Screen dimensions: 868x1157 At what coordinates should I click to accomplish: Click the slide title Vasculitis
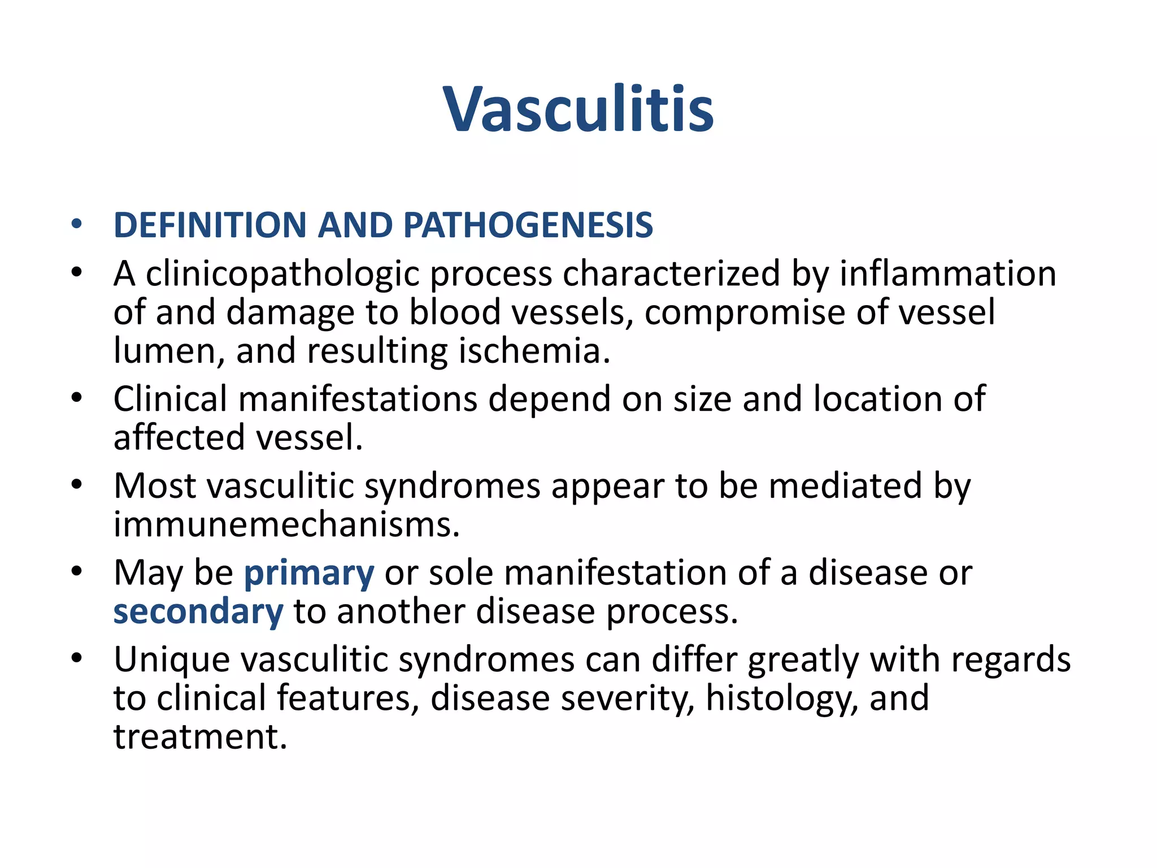click(x=578, y=109)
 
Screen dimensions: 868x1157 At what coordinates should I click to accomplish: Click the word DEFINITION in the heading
click(x=210, y=225)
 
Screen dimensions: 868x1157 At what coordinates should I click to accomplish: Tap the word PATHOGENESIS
click(x=528, y=225)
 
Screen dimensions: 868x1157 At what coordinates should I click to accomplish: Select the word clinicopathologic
click(x=282, y=275)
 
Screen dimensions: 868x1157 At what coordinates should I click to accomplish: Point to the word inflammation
click(x=947, y=274)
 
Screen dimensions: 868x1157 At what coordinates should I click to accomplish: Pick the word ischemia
click(x=534, y=351)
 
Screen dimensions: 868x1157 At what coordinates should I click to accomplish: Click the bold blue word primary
click(x=308, y=574)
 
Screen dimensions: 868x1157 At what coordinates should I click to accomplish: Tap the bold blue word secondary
click(x=198, y=612)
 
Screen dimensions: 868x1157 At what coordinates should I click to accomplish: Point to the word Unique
click(x=172, y=660)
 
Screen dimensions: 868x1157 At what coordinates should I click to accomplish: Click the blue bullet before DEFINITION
click(x=77, y=225)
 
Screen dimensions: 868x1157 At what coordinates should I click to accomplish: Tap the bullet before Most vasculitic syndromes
click(x=77, y=485)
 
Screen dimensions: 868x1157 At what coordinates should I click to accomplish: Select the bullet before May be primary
click(x=77, y=572)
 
